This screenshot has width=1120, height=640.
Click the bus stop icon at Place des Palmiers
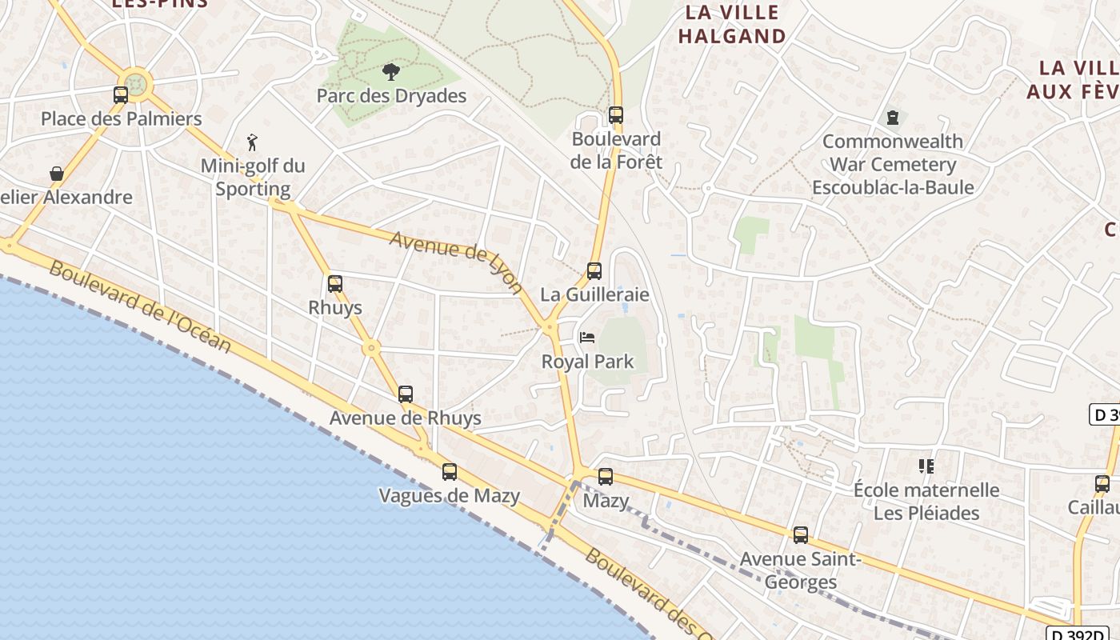pos(121,95)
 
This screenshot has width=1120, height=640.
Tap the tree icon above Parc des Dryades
pos(390,73)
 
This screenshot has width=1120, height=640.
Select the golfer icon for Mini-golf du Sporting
pos(253,142)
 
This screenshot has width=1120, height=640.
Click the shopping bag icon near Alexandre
pos(57,174)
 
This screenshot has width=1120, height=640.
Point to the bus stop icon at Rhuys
pos(335,284)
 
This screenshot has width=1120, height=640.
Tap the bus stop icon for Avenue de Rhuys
pos(406,394)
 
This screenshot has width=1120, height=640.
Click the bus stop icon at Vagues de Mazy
pos(450,472)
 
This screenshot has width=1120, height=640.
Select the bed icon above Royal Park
pos(587,338)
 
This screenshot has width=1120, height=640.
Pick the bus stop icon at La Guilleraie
pos(594,271)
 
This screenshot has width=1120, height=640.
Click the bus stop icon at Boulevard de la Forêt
pos(615,115)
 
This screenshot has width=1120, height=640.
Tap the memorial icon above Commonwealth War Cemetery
pos(893,118)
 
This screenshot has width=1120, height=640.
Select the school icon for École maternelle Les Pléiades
pos(926,466)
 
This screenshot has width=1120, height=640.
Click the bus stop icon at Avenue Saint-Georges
pos(801,535)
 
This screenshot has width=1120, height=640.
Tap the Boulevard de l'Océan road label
pos(140,306)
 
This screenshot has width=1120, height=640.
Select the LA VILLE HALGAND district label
pos(732,24)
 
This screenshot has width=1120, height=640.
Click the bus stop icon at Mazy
pos(606,477)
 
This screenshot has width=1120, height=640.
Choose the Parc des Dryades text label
pos(391,96)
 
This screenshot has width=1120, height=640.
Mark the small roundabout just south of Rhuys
pos(370,348)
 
